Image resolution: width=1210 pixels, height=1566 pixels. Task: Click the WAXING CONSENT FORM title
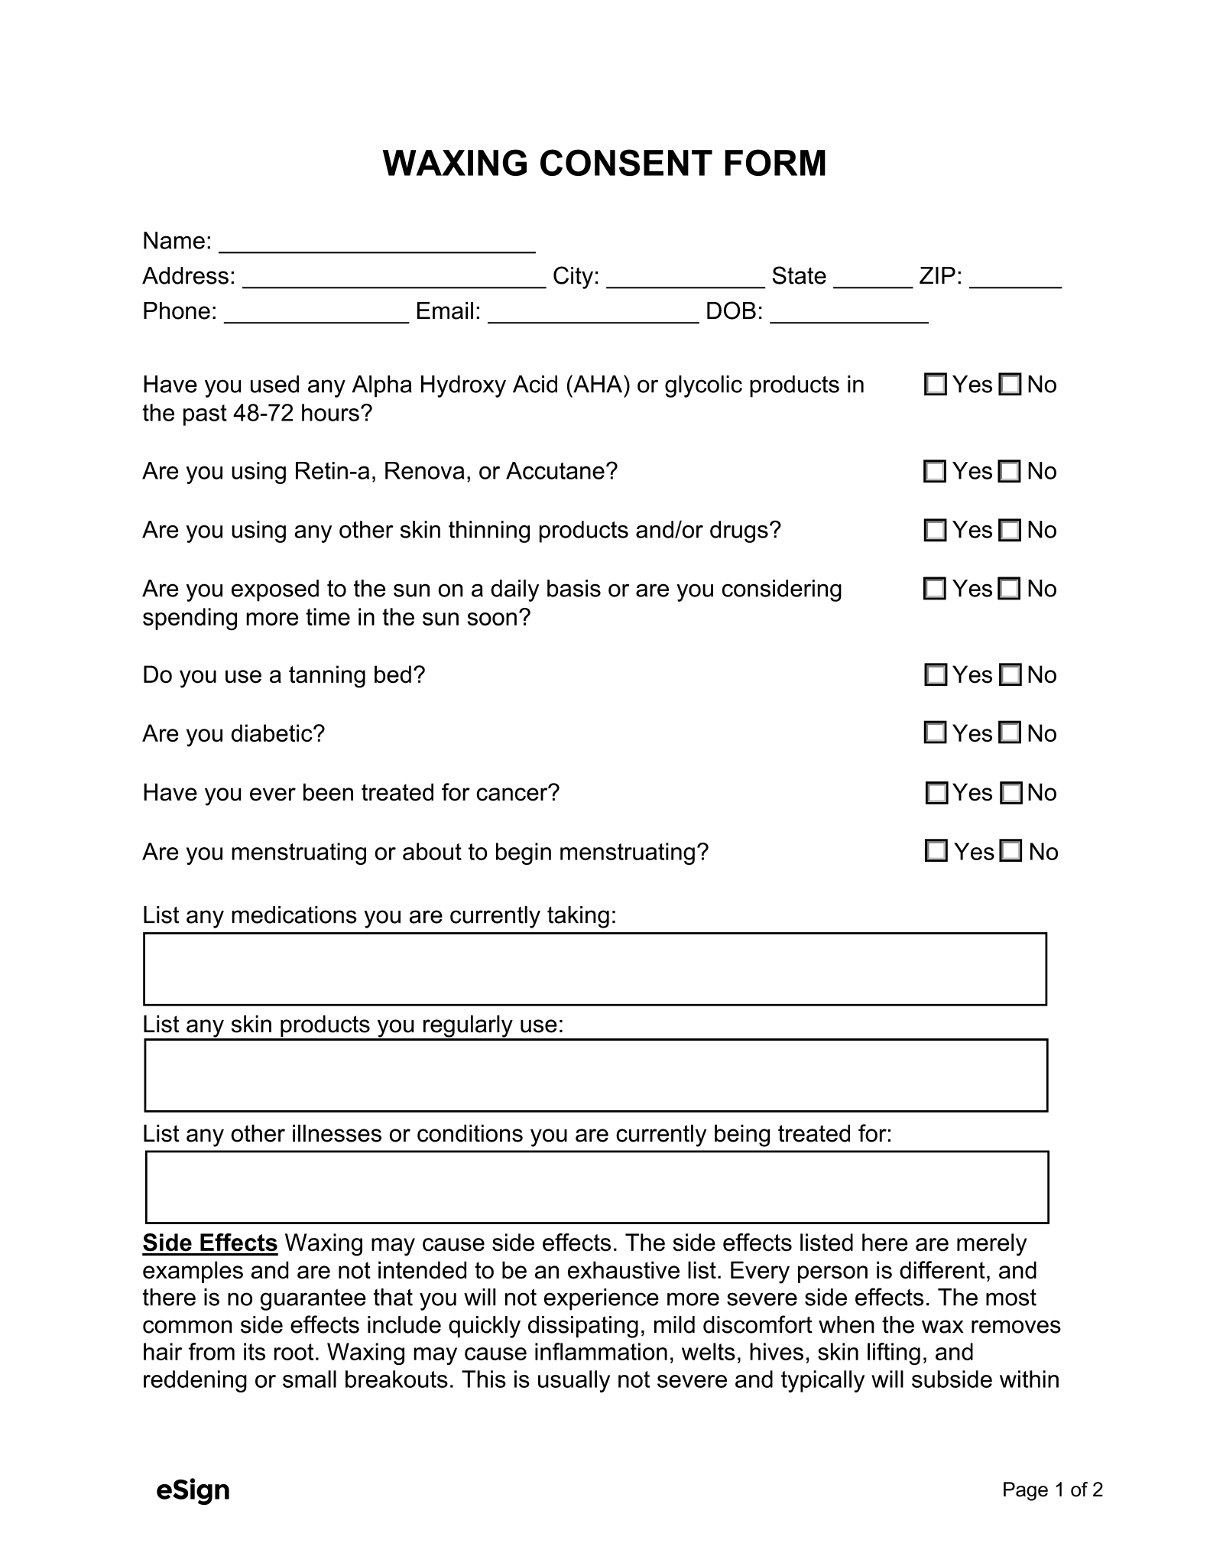click(x=604, y=164)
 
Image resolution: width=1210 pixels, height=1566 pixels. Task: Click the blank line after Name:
click(x=377, y=244)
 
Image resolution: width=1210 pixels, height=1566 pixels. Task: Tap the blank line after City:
click(x=685, y=279)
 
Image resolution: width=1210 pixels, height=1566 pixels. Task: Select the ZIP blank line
click(x=1015, y=279)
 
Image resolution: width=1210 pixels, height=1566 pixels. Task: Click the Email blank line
click(x=593, y=314)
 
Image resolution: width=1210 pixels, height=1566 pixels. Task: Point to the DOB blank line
click(x=849, y=314)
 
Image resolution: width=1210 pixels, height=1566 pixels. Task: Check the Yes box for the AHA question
click(x=935, y=384)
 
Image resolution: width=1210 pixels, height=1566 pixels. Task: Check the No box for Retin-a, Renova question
click(x=1010, y=471)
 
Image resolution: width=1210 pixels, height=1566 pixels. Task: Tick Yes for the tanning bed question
click(x=935, y=674)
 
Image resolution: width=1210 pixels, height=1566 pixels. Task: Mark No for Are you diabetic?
click(x=1010, y=733)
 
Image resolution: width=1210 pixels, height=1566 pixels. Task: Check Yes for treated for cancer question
click(x=936, y=793)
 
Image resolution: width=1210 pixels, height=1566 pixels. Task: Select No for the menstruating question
click(x=1010, y=851)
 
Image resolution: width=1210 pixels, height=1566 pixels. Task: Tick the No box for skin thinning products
click(x=1010, y=530)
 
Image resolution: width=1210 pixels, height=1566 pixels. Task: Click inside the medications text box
click(x=595, y=969)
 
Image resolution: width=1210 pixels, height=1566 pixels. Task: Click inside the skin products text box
click(x=595, y=1075)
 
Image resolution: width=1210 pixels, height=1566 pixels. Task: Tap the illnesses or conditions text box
click(x=596, y=1187)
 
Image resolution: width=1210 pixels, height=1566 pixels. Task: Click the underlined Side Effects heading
click(x=209, y=1243)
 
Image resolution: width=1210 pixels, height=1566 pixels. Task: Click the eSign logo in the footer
click(x=193, y=1490)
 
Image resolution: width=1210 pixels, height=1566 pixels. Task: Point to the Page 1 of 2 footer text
click(x=1052, y=1490)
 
